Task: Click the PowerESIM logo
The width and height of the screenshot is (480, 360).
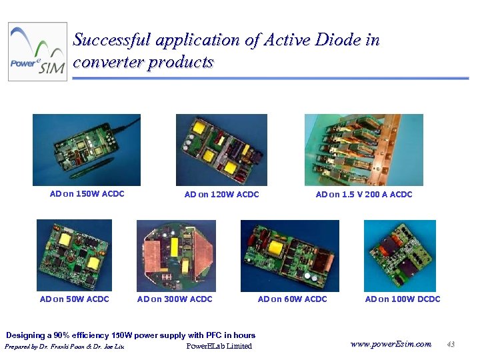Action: pyautogui.click(x=38, y=52)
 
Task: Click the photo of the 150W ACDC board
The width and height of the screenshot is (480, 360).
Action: pyautogui.click(x=87, y=149)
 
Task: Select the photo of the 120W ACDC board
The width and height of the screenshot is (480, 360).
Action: pyautogui.click(x=221, y=149)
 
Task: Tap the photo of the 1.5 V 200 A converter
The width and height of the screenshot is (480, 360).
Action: pyautogui.click(x=363, y=149)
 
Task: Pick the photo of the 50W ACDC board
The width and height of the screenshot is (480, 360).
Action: pyautogui.click(x=74, y=255)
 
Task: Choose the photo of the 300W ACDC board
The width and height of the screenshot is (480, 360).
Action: pyautogui.click(x=176, y=255)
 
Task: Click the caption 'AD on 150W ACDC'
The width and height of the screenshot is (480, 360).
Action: pyautogui.click(x=87, y=195)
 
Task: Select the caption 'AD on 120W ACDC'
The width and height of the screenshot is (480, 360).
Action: pyautogui.click(x=221, y=195)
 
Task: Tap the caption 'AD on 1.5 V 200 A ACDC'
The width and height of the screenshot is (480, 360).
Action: pyautogui.click(x=364, y=195)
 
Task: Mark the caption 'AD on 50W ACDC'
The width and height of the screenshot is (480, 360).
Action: pyautogui.click(x=74, y=299)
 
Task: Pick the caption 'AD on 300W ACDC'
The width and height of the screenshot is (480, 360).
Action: pyautogui.click(x=175, y=299)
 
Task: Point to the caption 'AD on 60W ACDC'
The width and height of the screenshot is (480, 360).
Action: pyautogui.click(x=292, y=299)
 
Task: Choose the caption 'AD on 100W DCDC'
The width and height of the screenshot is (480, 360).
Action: pyautogui.click(x=403, y=299)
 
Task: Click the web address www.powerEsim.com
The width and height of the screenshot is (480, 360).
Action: pyautogui.click(x=391, y=344)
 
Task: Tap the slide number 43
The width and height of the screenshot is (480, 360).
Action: pyautogui.click(x=451, y=344)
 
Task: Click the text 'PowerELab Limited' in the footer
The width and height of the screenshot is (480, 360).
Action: pyautogui.click(x=219, y=346)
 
